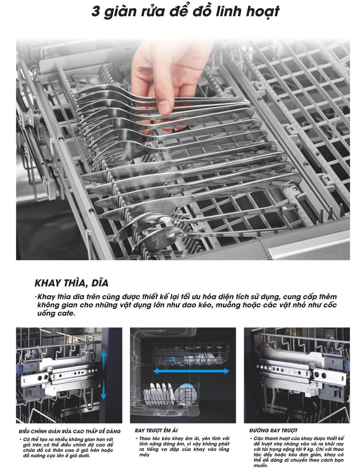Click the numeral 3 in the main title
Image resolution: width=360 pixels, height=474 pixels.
[96, 11]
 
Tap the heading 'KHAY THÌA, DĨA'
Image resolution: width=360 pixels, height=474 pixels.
[71, 283]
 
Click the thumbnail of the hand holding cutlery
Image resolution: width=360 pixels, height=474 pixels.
[183, 149]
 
